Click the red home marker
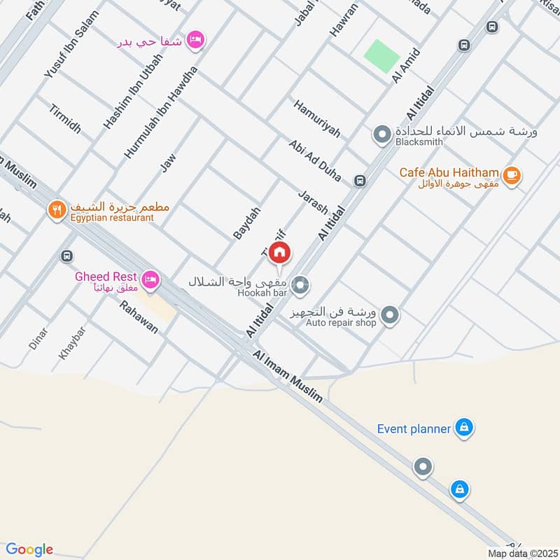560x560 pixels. [x=279, y=252]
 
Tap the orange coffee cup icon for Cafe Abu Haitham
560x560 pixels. [x=512, y=174]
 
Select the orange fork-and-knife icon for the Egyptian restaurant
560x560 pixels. [x=57, y=209]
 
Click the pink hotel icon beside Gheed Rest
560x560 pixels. [x=150, y=281]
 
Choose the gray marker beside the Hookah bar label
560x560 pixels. [x=301, y=284]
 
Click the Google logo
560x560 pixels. [x=29, y=549]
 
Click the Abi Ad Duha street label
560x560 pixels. [x=315, y=160]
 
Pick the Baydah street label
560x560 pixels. [x=247, y=221]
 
